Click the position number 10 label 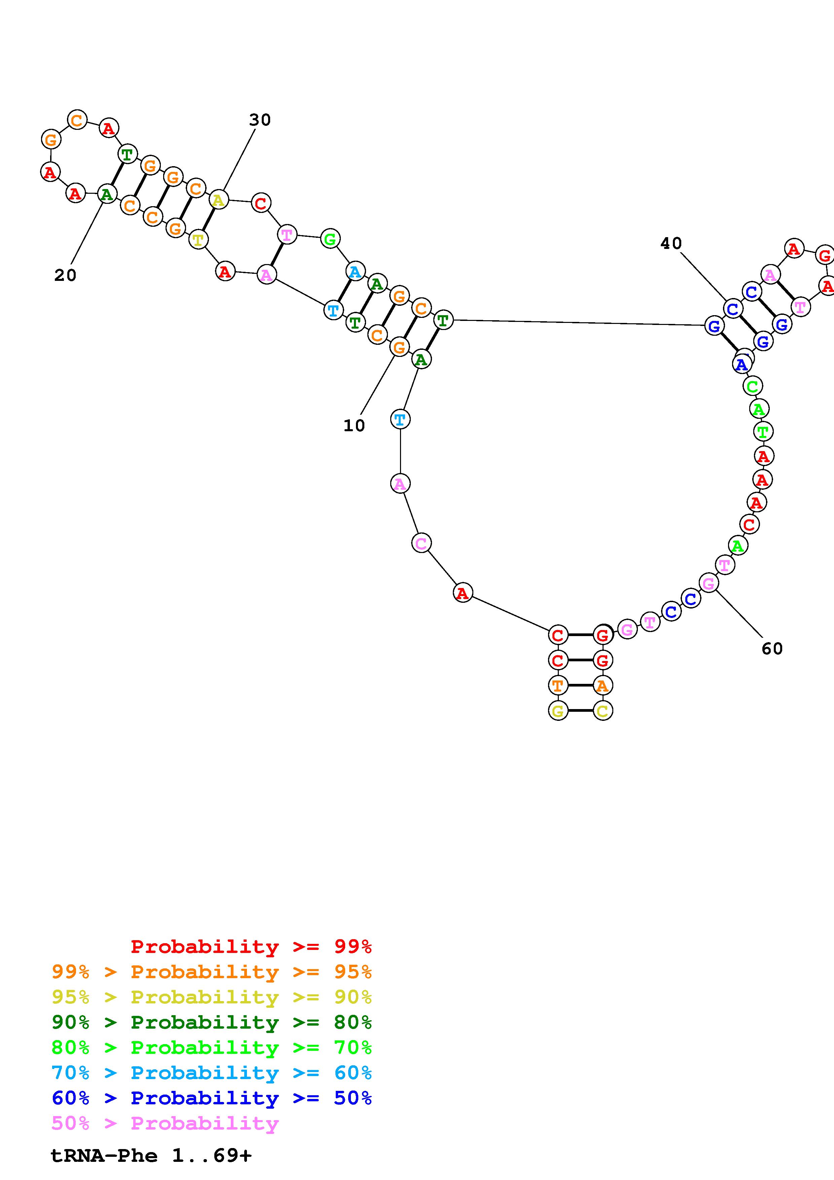pyautogui.click(x=354, y=426)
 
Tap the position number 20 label pyautogui.click(x=65, y=275)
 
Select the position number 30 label pyautogui.click(x=259, y=120)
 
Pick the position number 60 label pyautogui.click(x=772, y=649)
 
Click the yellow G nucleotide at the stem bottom pyautogui.click(x=557, y=711)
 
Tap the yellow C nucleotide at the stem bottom pyautogui.click(x=603, y=711)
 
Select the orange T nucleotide pyautogui.click(x=557, y=685)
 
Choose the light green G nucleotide pyautogui.click(x=330, y=238)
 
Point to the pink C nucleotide pyautogui.click(x=421, y=543)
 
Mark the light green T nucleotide pyautogui.click(x=763, y=432)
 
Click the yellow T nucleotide pyautogui.click(x=198, y=239)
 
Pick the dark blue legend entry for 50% pyautogui.click(x=212, y=1098)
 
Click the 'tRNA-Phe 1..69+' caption pyautogui.click(x=151, y=1156)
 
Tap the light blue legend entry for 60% pyautogui.click(x=212, y=1073)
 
